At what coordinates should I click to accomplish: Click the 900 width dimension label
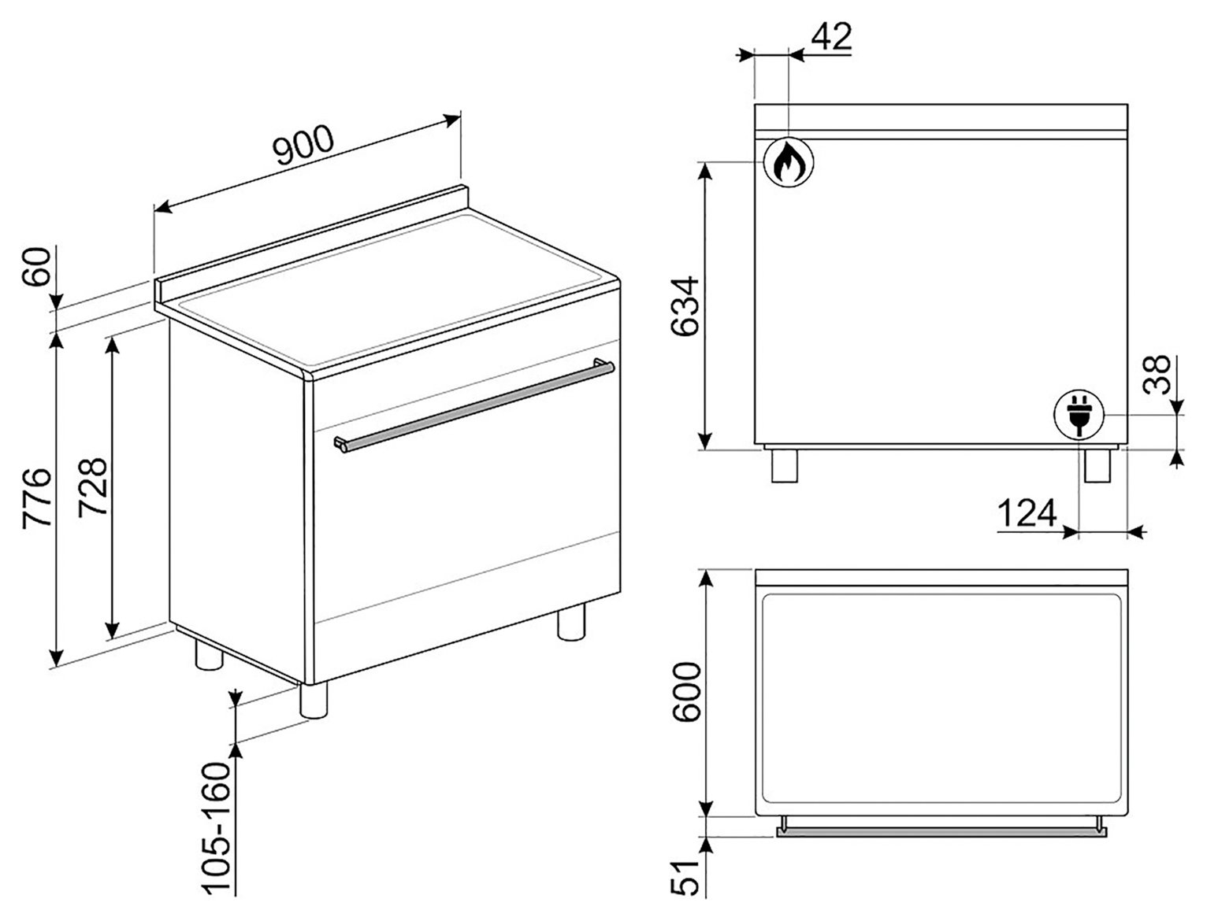304,145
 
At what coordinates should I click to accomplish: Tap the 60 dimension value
36,266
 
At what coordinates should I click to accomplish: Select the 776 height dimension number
37,498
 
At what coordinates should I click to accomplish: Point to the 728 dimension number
92,487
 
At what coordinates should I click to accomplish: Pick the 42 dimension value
831,36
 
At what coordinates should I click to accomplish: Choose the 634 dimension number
685,306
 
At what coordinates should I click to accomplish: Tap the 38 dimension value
1156,375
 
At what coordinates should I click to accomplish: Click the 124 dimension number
1027,513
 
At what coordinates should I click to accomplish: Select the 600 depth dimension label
687,691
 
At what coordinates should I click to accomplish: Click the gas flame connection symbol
789,162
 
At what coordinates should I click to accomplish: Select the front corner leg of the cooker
314,700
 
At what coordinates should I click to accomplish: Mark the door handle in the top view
941,833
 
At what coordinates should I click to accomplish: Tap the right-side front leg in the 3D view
571,622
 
